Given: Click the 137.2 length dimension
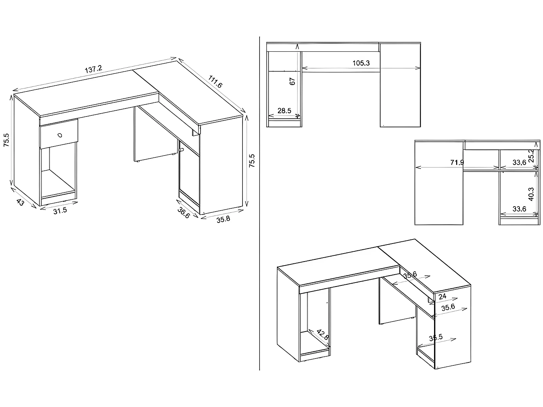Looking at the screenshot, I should (x=94, y=69).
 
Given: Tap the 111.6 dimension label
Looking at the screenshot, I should (x=215, y=82).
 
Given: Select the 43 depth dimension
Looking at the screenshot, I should (x=20, y=202).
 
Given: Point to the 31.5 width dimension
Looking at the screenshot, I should (x=60, y=211).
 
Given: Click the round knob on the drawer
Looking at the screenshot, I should (x=60, y=135).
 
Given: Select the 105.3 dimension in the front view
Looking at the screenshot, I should (x=361, y=63).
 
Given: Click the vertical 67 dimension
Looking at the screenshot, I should (x=293, y=81).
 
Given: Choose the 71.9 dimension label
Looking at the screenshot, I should (x=457, y=162).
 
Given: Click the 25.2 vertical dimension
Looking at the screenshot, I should (x=531, y=156).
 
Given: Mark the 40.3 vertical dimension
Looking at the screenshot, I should (x=531, y=194).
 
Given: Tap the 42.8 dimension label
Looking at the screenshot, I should (x=322, y=335).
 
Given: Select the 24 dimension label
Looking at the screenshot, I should (x=442, y=296).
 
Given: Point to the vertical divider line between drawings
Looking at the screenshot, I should (x=260, y=203).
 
